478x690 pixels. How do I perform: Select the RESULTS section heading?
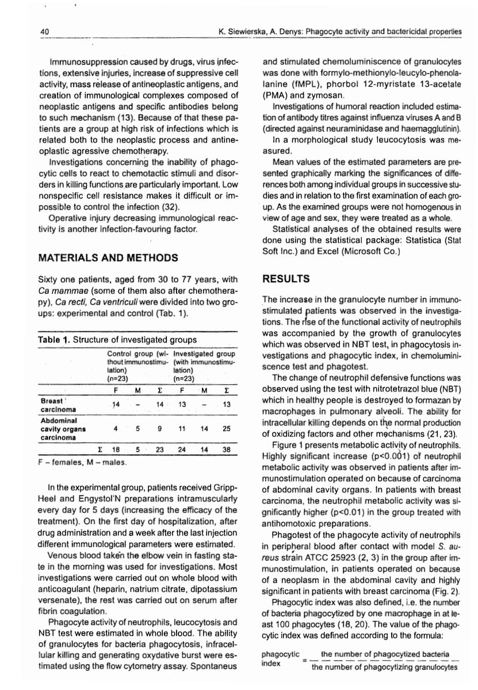click(x=286, y=279)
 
